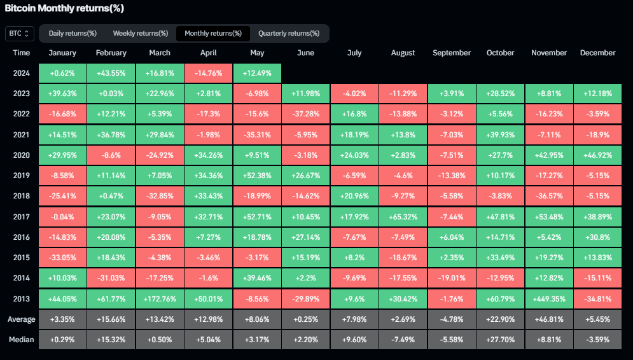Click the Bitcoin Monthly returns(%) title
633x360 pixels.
click(x=64, y=8)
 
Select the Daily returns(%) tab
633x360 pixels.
click(x=73, y=33)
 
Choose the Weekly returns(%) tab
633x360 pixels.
click(x=141, y=33)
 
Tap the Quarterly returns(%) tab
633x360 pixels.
click(x=289, y=33)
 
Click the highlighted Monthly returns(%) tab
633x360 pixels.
click(x=213, y=33)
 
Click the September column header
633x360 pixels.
click(x=452, y=53)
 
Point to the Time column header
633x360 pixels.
click(x=21, y=53)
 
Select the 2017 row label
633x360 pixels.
click(x=21, y=216)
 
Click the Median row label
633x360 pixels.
click(x=21, y=339)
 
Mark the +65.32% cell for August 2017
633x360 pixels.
click(x=403, y=216)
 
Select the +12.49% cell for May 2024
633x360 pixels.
click(x=257, y=73)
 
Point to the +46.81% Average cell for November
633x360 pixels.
click(x=548, y=319)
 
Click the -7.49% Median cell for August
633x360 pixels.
click(x=403, y=339)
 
